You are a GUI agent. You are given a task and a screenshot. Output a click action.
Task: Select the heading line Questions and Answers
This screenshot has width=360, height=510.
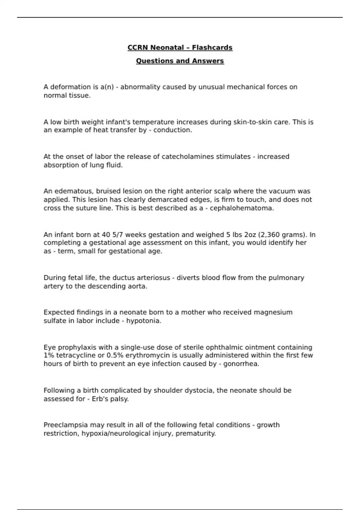point(180,61)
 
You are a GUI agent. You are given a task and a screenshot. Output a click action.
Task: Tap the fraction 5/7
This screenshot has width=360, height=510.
point(117,235)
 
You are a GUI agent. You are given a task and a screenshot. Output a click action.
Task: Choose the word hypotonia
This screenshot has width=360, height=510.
point(143,321)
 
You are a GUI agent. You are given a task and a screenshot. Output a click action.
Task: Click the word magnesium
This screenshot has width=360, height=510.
point(273,312)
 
